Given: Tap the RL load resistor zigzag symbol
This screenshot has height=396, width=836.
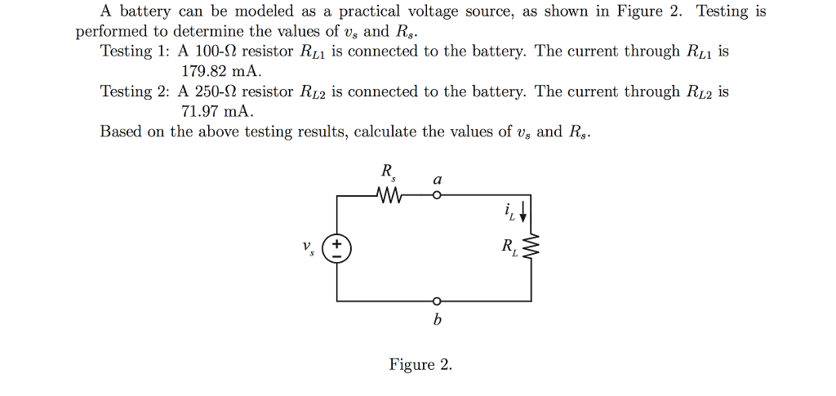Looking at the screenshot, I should (532, 247).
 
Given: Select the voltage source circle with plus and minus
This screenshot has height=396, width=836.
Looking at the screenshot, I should (337, 247).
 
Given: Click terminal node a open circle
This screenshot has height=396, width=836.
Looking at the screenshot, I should (437, 196).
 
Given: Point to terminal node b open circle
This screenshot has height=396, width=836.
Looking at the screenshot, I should (437, 300).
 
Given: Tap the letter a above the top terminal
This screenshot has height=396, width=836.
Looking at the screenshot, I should (438, 178).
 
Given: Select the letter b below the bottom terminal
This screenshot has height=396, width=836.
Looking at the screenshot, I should (437, 321).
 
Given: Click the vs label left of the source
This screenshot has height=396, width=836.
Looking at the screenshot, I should (307, 247).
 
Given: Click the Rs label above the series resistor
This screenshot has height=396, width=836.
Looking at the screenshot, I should (387, 172).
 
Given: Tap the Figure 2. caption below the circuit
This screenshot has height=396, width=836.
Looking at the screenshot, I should (420, 364).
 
